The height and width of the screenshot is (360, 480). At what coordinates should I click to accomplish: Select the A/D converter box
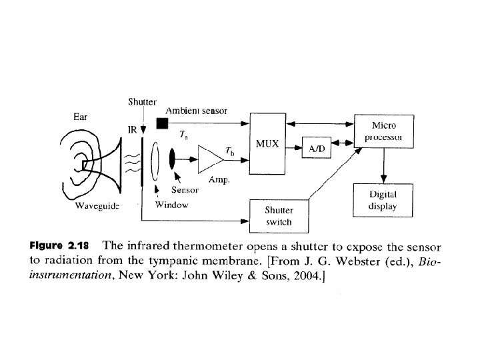[x=317, y=149]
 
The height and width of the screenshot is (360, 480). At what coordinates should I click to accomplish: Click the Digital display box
[x=383, y=200]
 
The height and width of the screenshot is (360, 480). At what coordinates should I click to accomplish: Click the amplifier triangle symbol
[x=211, y=159]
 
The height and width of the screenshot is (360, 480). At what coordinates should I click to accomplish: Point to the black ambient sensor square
[x=161, y=123]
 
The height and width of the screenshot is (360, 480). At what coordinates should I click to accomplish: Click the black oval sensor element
[x=173, y=159]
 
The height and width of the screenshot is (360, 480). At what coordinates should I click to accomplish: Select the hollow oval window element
[x=156, y=159]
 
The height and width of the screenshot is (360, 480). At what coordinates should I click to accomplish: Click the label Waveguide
[x=97, y=207]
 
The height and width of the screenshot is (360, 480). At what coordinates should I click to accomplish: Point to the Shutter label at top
[x=142, y=102]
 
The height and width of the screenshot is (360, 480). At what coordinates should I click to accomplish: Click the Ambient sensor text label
[x=196, y=111]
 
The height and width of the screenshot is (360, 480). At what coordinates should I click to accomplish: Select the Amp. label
[x=219, y=180]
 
